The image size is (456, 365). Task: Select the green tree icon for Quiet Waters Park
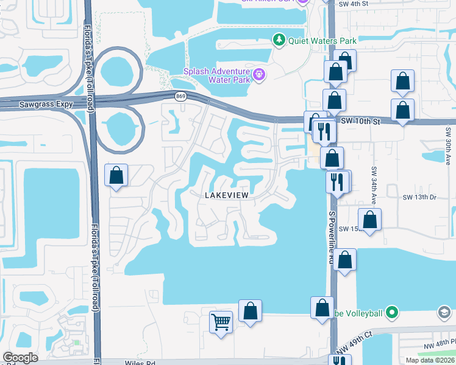279,40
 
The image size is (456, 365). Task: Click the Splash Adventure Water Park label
218,75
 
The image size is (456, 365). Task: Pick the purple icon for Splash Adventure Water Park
260,75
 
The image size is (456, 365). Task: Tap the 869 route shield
180,96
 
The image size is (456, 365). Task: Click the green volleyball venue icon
393,313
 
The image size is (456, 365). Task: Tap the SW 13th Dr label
420,198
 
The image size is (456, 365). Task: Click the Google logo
20,358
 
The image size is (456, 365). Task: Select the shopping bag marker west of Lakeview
116,176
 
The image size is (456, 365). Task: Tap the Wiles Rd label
141,363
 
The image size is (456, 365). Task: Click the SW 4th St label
357,4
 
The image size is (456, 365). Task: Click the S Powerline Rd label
332,237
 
